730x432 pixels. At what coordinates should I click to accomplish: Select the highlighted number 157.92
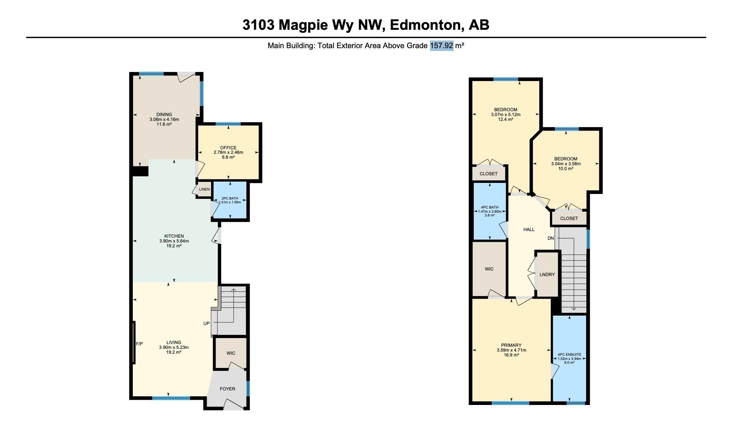click(441, 45)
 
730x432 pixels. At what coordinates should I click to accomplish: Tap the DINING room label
click(164, 115)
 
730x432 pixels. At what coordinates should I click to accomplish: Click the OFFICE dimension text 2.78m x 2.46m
click(228, 152)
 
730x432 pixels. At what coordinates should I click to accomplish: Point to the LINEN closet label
click(204, 189)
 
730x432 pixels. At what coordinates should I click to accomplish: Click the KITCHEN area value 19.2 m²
click(174, 246)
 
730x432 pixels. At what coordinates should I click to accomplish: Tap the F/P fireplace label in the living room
click(139, 344)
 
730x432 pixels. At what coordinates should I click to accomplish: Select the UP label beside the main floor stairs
click(206, 323)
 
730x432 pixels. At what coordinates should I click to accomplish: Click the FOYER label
click(227, 389)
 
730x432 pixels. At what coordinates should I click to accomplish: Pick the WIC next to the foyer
click(231, 353)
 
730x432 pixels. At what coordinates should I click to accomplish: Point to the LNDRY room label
click(547, 274)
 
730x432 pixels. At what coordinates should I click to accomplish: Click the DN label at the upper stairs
click(551, 238)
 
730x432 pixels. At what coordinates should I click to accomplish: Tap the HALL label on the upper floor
click(529, 229)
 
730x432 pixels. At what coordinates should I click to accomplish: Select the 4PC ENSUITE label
click(569, 354)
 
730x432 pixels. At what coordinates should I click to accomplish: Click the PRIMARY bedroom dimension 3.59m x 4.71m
click(511, 350)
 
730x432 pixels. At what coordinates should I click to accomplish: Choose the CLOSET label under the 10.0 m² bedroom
click(569, 218)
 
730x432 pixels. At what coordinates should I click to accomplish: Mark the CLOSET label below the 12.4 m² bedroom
click(488, 174)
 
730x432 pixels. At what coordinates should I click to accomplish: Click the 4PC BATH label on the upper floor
click(489, 207)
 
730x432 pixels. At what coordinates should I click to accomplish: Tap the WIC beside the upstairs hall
click(489, 269)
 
